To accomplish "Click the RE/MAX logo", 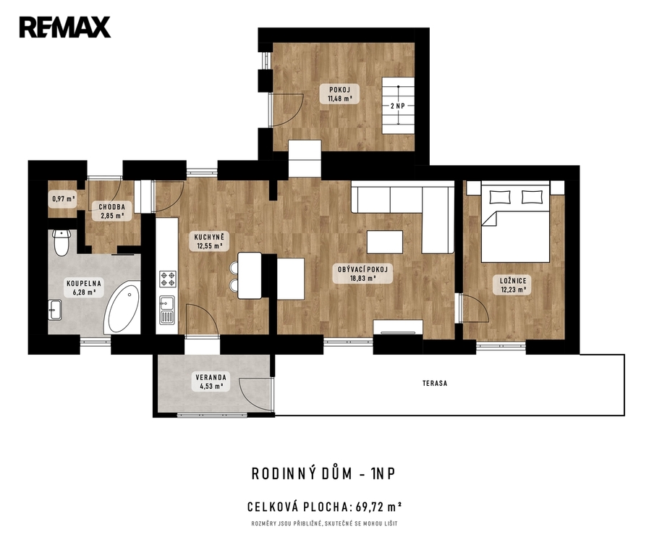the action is click(x=65, y=28).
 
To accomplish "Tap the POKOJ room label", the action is click(x=340, y=90).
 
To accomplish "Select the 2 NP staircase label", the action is click(x=398, y=106).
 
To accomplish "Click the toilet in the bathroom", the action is click(x=61, y=243).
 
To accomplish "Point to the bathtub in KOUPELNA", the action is click(x=122, y=308).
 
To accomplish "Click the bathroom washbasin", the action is click(x=55, y=310).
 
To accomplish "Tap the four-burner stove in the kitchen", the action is click(x=168, y=279).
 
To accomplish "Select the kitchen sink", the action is click(x=168, y=310).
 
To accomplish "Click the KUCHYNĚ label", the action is click(x=209, y=237).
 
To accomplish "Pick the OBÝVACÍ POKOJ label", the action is click(x=362, y=269).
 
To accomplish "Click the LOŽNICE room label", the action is click(x=513, y=281).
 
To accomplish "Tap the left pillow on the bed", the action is click(x=500, y=197).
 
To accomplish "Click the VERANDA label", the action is click(x=211, y=377).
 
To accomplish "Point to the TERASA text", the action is click(x=435, y=384).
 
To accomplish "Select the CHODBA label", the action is click(x=111, y=207).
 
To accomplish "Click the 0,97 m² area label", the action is click(x=64, y=198).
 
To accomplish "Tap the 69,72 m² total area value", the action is click(x=379, y=506).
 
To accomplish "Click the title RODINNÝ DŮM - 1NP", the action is click(x=323, y=473).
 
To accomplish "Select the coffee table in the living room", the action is click(x=385, y=243).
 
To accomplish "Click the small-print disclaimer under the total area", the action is click(x=324, y=523).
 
